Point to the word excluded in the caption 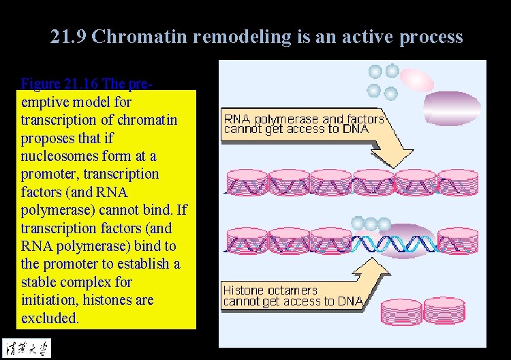[50, 318]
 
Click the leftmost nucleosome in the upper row [245, 183]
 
